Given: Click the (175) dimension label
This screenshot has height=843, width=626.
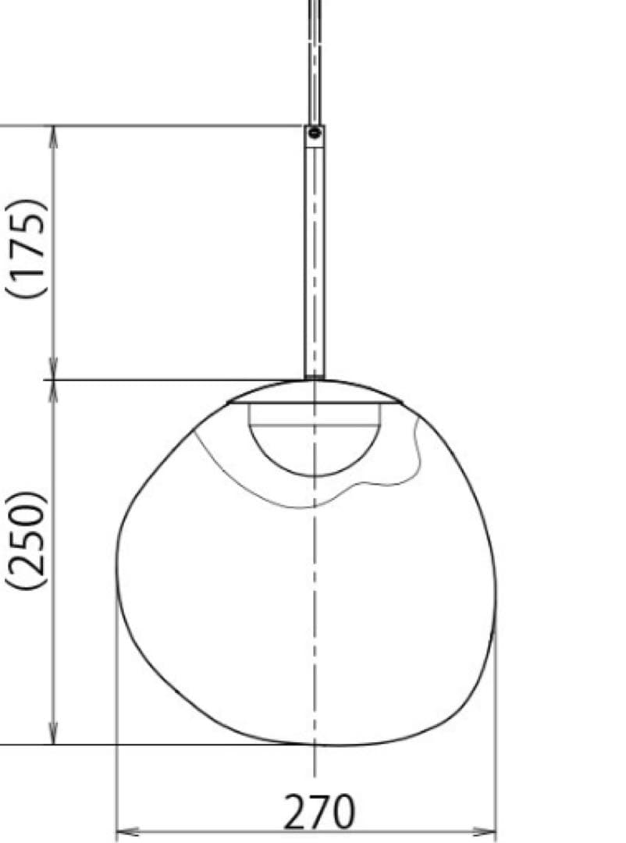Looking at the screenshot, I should [29, 248].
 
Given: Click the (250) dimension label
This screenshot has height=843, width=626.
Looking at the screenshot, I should [29, 540].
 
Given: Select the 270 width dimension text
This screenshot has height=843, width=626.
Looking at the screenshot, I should [319, 812].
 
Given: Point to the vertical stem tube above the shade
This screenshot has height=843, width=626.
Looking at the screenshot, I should [315, 258].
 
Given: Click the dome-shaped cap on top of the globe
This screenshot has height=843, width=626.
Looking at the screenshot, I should [315, 392].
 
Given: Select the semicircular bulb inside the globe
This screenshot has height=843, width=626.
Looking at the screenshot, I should [315, 449].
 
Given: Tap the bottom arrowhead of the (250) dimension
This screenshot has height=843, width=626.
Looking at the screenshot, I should [54, 734].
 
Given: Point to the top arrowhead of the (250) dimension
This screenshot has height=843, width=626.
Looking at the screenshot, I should [54, 391].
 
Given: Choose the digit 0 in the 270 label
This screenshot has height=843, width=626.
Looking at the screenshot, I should [342, 812].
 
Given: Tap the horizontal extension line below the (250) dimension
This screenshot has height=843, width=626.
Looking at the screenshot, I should [156, 744].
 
